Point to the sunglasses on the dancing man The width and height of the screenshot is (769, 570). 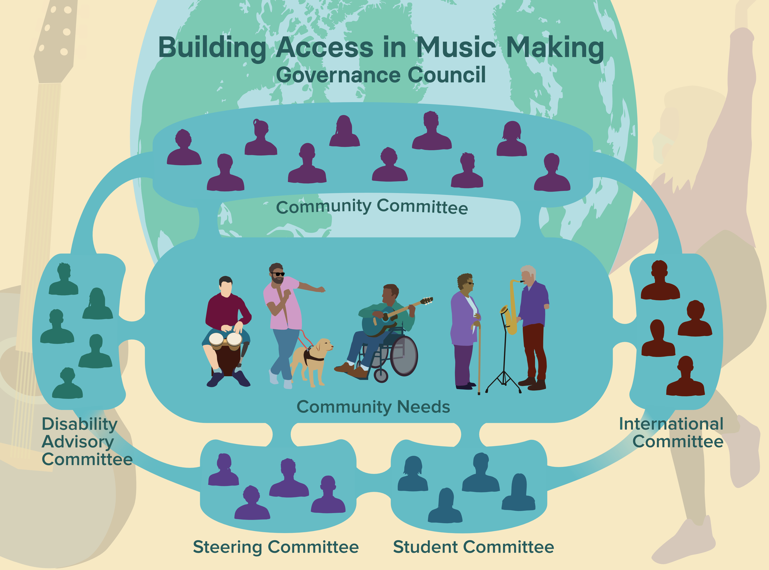coord(278,274)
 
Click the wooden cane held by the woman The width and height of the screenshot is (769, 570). coord(479,359)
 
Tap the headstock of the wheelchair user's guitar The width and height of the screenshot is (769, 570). coord(427,301)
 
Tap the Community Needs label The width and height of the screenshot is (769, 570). coord(373,407)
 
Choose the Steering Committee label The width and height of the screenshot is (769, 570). coord(276,547)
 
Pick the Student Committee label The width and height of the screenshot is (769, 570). coord(473,547)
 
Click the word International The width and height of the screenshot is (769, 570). coord(671,424)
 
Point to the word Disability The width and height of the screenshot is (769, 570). coord(79,424)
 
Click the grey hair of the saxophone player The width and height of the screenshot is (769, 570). coord(528,270)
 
